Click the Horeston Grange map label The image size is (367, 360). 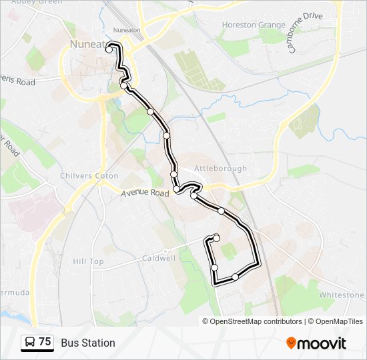253,25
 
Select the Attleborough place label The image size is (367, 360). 221,169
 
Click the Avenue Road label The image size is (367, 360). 145,193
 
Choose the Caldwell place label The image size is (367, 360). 159,258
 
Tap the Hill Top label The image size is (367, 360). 89,262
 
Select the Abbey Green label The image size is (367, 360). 37,3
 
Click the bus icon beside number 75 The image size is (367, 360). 30,343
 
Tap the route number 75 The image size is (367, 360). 45,342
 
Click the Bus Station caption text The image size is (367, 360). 88,343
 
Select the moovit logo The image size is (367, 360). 316,343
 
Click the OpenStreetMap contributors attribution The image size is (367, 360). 256,321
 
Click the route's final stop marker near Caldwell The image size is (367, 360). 216,238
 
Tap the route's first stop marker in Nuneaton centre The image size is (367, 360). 109,49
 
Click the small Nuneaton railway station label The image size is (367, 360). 127,31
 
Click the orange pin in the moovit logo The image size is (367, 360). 292,343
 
